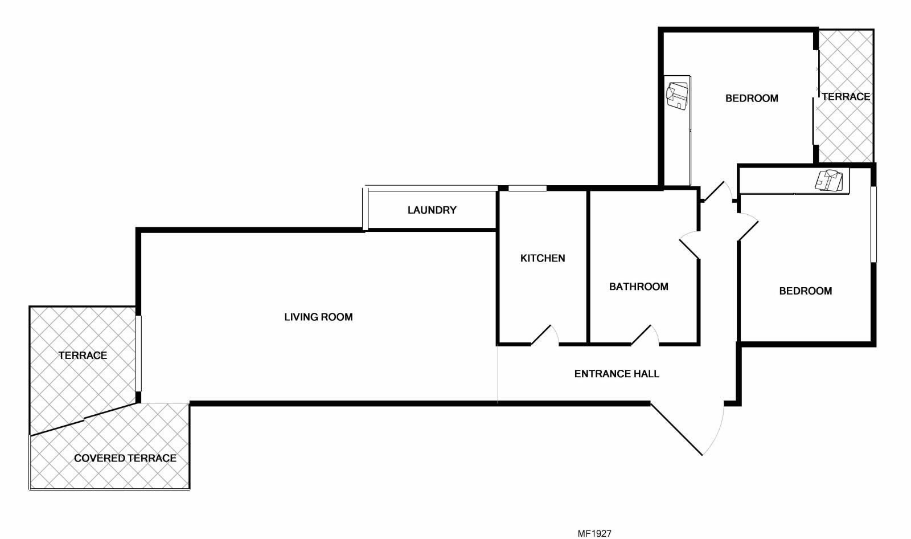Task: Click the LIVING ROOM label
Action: click(318, 317)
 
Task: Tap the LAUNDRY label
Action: click(432, 210)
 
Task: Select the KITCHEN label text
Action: click(543, 258)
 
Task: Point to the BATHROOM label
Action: click(638, 287)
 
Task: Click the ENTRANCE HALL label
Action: click(617, 374)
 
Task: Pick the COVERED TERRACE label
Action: click(125, 458)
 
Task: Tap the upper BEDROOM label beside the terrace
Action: click(752, 98)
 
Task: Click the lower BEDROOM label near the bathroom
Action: click(805, 291)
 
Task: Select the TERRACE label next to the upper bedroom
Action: click(846, 96)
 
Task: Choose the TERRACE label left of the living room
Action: click(83, 356)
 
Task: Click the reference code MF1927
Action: click(594, 533)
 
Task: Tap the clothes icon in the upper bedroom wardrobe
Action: click(677, 96)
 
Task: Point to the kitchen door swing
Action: click(545, 335)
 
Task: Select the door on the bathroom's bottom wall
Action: click(645, 335)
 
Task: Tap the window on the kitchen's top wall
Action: click(527, 188)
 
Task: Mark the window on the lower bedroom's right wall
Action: click(873, 224)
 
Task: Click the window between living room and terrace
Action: click(138, 353)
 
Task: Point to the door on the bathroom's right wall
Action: click(690, 245)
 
